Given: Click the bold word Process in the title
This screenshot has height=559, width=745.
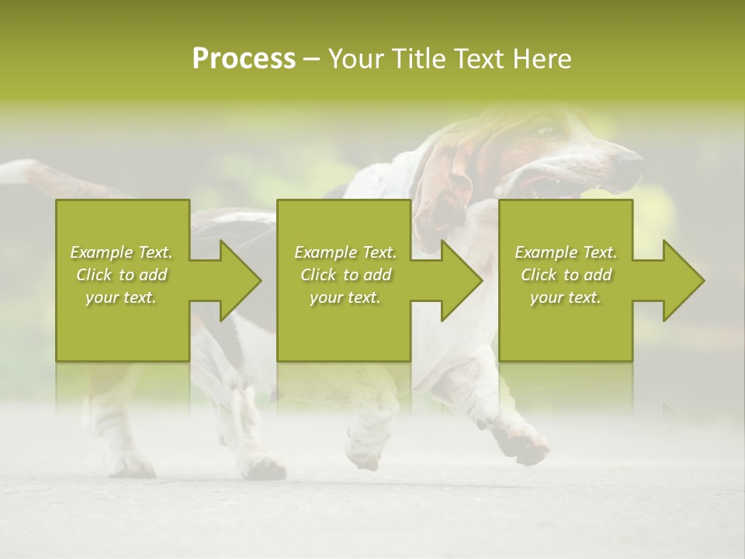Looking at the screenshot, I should tap(244, 59).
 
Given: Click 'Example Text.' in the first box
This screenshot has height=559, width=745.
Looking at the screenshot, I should tap(122, 252).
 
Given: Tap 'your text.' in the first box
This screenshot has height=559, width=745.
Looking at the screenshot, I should tap(122, 297).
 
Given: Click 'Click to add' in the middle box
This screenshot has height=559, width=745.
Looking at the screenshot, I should tap(345, 275).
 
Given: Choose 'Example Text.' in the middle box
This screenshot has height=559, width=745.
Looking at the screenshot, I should tap(345, 252).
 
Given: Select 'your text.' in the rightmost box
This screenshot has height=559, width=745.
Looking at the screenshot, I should tap(566, 297).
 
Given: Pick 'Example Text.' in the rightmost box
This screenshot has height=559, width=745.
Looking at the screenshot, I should tap(566, 252).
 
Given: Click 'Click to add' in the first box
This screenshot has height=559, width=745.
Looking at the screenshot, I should tap(122, 275).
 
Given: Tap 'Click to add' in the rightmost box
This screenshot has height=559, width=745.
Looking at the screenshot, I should tap(566, 275).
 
